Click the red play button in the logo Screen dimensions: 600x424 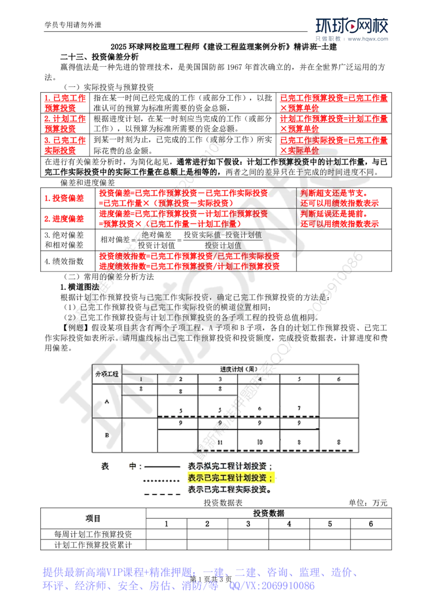352,26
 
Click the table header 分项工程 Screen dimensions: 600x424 107,374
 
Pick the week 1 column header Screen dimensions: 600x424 140,379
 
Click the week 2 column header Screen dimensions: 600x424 180,379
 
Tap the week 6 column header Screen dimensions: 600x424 339,379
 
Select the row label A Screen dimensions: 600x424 107,401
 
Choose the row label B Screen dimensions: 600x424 107,436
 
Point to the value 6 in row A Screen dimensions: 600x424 260,408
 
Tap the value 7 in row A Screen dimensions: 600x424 299,408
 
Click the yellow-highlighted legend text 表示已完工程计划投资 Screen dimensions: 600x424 230,479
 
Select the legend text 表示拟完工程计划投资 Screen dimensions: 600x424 230,467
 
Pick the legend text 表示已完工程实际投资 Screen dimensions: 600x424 230,490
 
